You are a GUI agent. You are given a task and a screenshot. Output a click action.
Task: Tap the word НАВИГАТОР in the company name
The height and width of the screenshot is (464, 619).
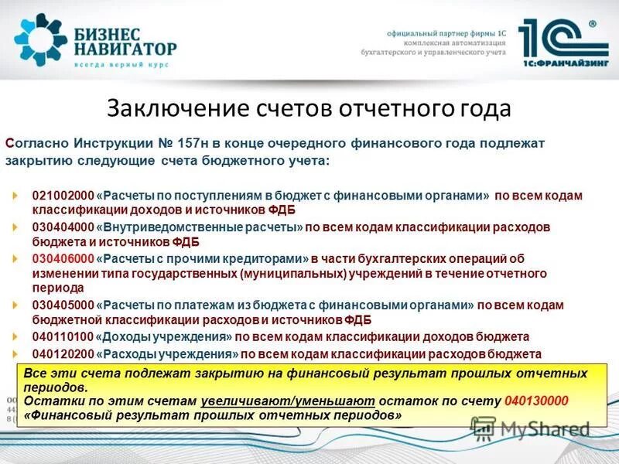pos(126,49)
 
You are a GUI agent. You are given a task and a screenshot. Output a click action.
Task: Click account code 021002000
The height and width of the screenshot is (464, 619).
pos(63,196)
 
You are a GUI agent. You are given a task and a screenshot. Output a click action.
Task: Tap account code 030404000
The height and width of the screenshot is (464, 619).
pos(63,227)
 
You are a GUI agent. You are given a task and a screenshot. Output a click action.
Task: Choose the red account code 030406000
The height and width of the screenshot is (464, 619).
pos(63,259)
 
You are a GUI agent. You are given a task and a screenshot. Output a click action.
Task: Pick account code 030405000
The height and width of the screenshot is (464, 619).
pos(63,305)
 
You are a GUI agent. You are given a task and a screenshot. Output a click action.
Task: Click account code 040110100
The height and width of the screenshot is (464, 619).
pos(63,337)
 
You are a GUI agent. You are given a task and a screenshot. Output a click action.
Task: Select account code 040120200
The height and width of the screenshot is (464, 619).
pos(63,353)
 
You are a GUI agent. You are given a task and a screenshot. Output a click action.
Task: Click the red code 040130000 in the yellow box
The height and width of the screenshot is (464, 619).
pos(535,401)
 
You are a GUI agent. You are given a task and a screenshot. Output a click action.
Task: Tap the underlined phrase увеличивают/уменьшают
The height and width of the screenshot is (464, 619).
pos(288,401)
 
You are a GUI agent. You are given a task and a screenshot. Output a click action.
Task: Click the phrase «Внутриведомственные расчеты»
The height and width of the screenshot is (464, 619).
pos(200,227)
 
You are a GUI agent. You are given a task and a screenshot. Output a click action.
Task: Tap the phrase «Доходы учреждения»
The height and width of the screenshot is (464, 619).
pos(165,337)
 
